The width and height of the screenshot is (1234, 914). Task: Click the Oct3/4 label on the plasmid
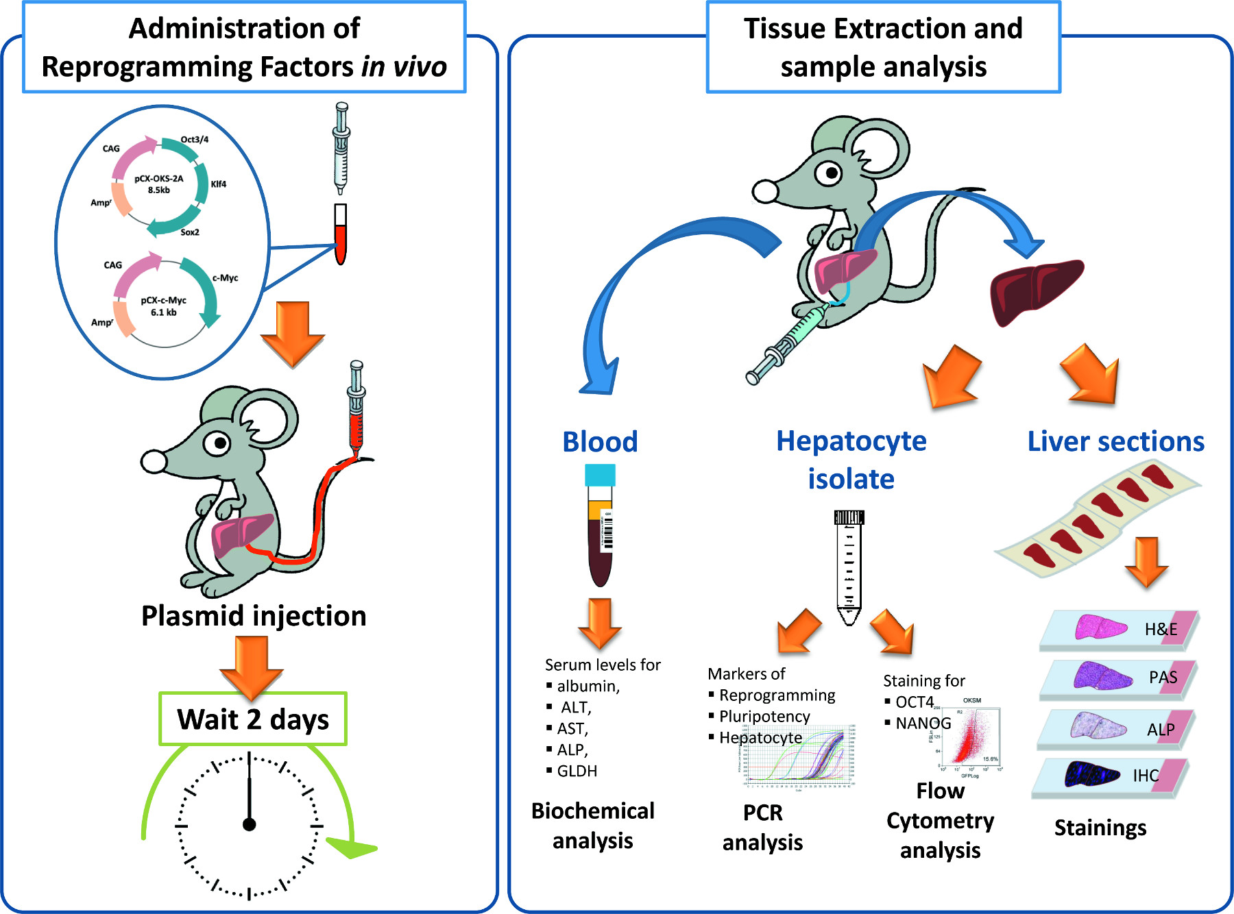195,139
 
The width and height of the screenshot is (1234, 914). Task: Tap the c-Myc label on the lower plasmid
225,277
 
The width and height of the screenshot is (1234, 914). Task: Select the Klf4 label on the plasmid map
218,184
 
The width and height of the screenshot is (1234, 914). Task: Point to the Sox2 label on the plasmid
190,232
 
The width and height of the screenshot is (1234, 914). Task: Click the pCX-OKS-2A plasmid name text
159,179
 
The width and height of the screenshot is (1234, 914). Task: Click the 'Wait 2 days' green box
253,719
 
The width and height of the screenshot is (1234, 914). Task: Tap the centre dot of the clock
250,824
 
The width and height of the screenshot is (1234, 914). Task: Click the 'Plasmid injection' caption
254,616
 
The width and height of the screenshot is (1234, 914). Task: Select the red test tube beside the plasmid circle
340,236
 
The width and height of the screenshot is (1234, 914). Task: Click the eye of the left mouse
220,443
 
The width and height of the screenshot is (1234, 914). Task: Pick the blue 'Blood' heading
600,442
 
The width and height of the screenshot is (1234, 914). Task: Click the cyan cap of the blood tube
600,475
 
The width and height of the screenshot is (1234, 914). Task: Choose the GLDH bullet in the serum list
577,771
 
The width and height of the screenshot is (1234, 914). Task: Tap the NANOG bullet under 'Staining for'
923,723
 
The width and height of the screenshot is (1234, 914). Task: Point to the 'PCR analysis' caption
762,827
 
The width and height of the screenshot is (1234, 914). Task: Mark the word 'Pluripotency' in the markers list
764,716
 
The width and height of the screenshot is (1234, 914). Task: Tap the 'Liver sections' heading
1115,442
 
